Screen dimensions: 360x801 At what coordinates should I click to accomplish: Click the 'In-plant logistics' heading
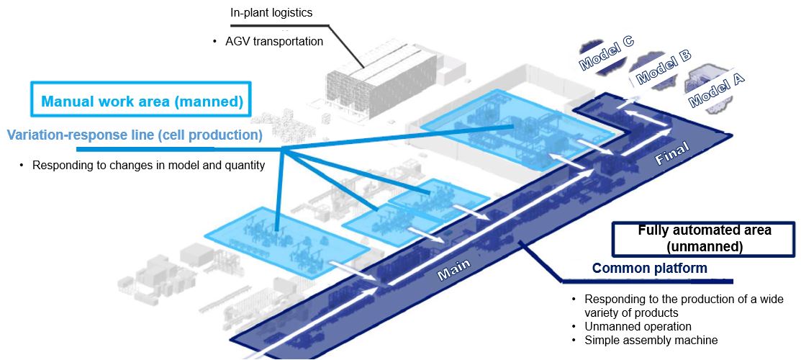point(271,12)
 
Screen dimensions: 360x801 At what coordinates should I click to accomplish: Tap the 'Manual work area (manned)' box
point(142,101)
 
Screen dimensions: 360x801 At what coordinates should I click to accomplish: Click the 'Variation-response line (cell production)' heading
point(134,134)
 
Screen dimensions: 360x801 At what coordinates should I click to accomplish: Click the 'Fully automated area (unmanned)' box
point(704,238)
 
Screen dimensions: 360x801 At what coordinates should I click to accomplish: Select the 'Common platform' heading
point(649,269)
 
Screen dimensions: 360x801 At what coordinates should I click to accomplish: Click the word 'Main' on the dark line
point(454,269)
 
